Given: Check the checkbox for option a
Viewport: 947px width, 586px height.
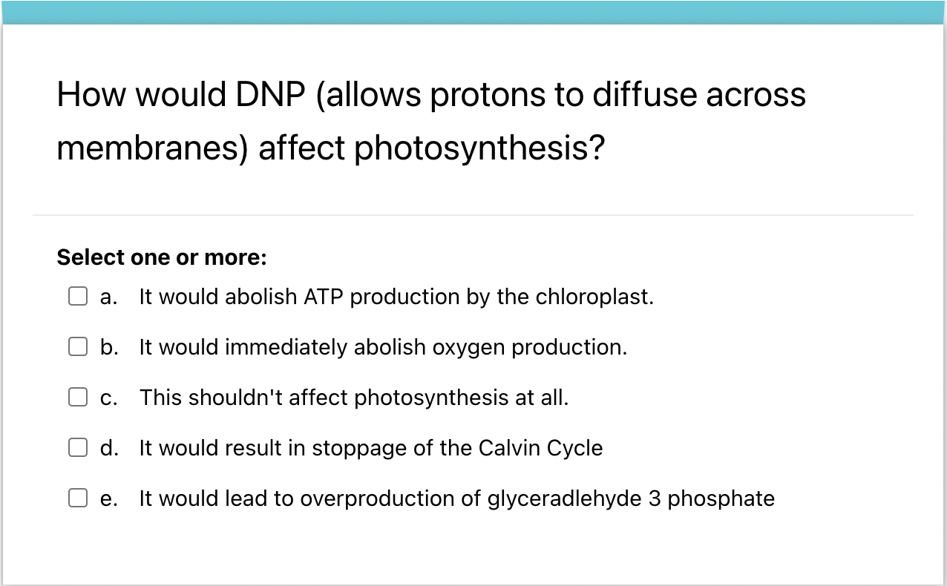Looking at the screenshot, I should [x=78, y=297].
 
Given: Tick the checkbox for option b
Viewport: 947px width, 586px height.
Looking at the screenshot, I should [x=78, y=347].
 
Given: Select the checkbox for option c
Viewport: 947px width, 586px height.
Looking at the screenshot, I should [x=78, y=398].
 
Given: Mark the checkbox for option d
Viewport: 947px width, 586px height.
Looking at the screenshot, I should [x=78, y=448].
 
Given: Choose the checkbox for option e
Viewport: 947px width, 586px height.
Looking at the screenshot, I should [x=78, y=498].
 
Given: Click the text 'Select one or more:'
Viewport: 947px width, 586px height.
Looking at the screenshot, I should [x=161, y=257].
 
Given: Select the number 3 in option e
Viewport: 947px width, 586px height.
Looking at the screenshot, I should [x=655, y=498].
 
